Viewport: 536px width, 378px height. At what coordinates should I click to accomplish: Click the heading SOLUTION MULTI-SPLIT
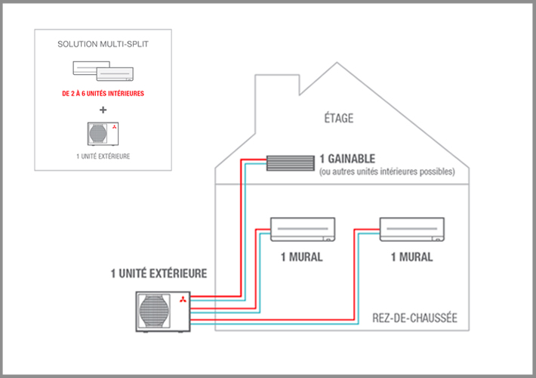[x=102, y=45]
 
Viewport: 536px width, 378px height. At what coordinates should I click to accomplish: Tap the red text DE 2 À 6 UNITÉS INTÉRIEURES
[x=102, y=94]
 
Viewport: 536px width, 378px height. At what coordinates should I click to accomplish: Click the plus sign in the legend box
[x=102, y=109]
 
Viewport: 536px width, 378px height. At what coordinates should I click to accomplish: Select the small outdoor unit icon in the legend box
[x=102, y=133]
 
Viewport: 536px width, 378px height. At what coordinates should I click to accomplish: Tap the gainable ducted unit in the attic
[x=288, y=162]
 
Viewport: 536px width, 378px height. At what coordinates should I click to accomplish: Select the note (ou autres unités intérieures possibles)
[x=386, y=172]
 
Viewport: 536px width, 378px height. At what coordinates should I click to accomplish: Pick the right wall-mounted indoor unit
[x=412, y=228]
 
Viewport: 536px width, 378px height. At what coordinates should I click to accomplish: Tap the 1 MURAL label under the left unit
[x=301, y=257]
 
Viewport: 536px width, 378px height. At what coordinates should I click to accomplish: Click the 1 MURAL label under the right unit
[x=411, y=257]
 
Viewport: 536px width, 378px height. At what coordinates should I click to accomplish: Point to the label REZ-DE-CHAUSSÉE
[x=414, y=318]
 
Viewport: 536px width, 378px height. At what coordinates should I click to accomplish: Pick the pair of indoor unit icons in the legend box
[x=102, y=72]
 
